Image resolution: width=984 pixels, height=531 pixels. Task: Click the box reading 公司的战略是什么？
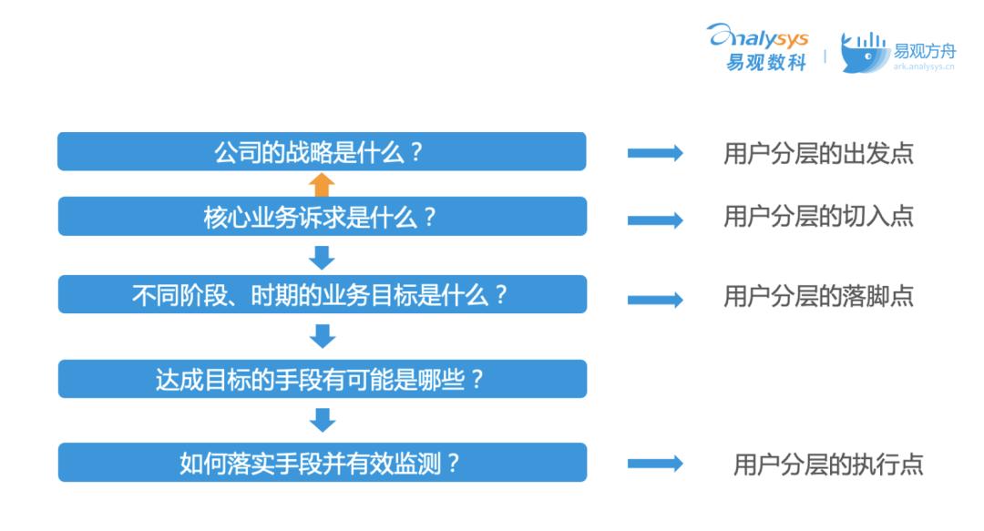point(322,151)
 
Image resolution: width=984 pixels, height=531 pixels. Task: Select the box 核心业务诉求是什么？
point(322,217)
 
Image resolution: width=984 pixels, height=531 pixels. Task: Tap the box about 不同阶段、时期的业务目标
point(322,294)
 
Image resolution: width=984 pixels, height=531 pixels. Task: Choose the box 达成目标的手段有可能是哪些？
point(322,379)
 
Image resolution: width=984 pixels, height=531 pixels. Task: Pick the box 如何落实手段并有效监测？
point(322,463)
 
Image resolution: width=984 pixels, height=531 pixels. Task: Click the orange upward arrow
point(322,185)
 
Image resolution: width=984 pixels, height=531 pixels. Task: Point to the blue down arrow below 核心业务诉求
point(322,258)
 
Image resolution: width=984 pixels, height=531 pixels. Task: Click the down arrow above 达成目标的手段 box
point(323,336)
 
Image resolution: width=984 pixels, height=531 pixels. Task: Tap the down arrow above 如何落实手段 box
point(323,420)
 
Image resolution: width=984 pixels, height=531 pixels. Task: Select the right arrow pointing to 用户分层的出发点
point(655,152)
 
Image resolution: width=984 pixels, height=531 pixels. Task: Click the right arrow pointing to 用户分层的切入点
point(655,220)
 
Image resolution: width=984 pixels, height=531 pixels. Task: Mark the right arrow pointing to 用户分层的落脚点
point(655,300)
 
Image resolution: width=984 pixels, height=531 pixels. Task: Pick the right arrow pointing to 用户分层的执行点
point(655,464)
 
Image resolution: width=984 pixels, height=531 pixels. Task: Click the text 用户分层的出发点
point(818,153)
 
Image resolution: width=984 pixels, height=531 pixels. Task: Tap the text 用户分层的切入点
point(818,216)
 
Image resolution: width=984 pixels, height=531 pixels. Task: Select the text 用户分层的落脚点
point(818,296)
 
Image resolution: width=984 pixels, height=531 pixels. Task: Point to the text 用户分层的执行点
point(828,465)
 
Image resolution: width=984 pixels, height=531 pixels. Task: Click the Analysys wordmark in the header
point(758,36)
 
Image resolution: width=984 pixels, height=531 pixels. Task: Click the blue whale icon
point(864,53)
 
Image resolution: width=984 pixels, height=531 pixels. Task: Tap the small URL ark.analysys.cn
point(924,66)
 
